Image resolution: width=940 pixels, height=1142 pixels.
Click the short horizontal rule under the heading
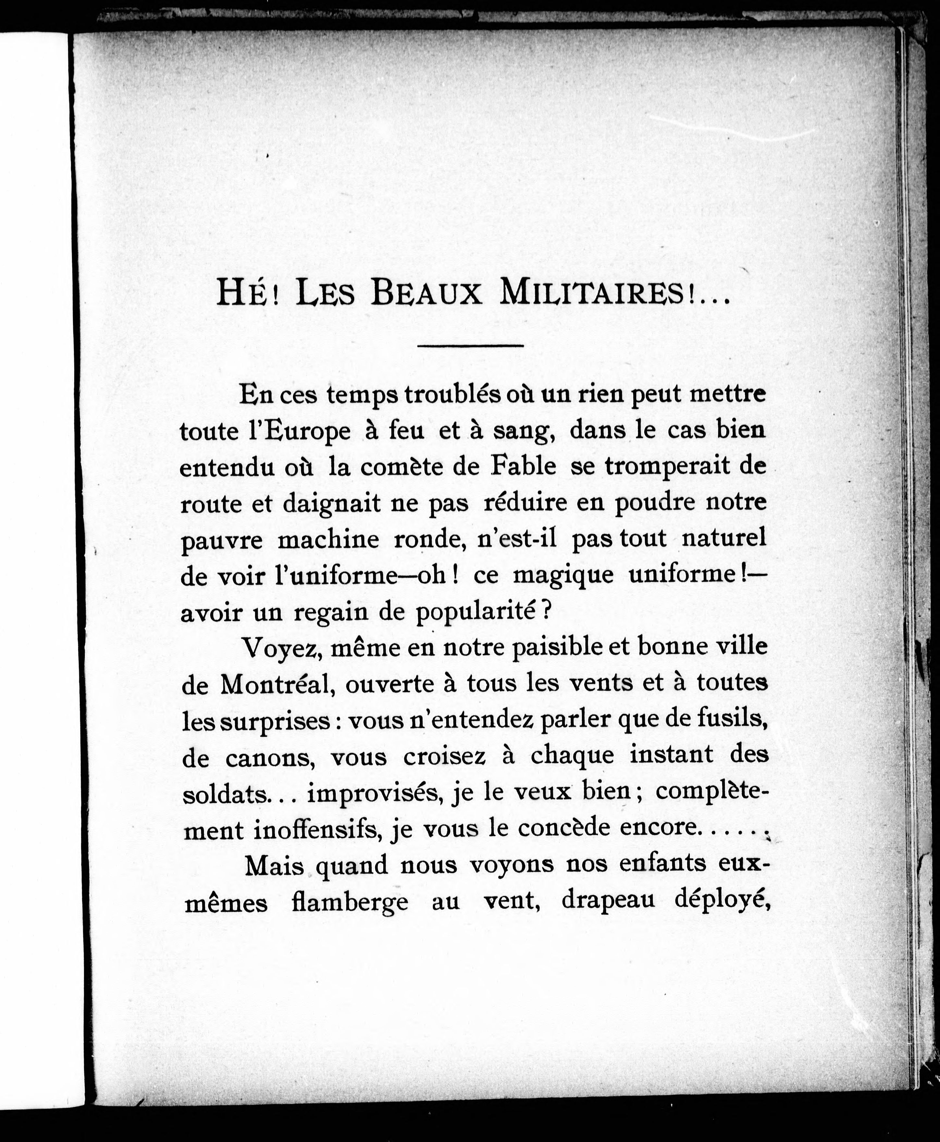(x=470, y=345)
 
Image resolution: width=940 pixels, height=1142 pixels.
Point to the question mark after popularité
(x=547, y=613)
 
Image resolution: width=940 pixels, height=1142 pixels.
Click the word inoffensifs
(x=316, y=829)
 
